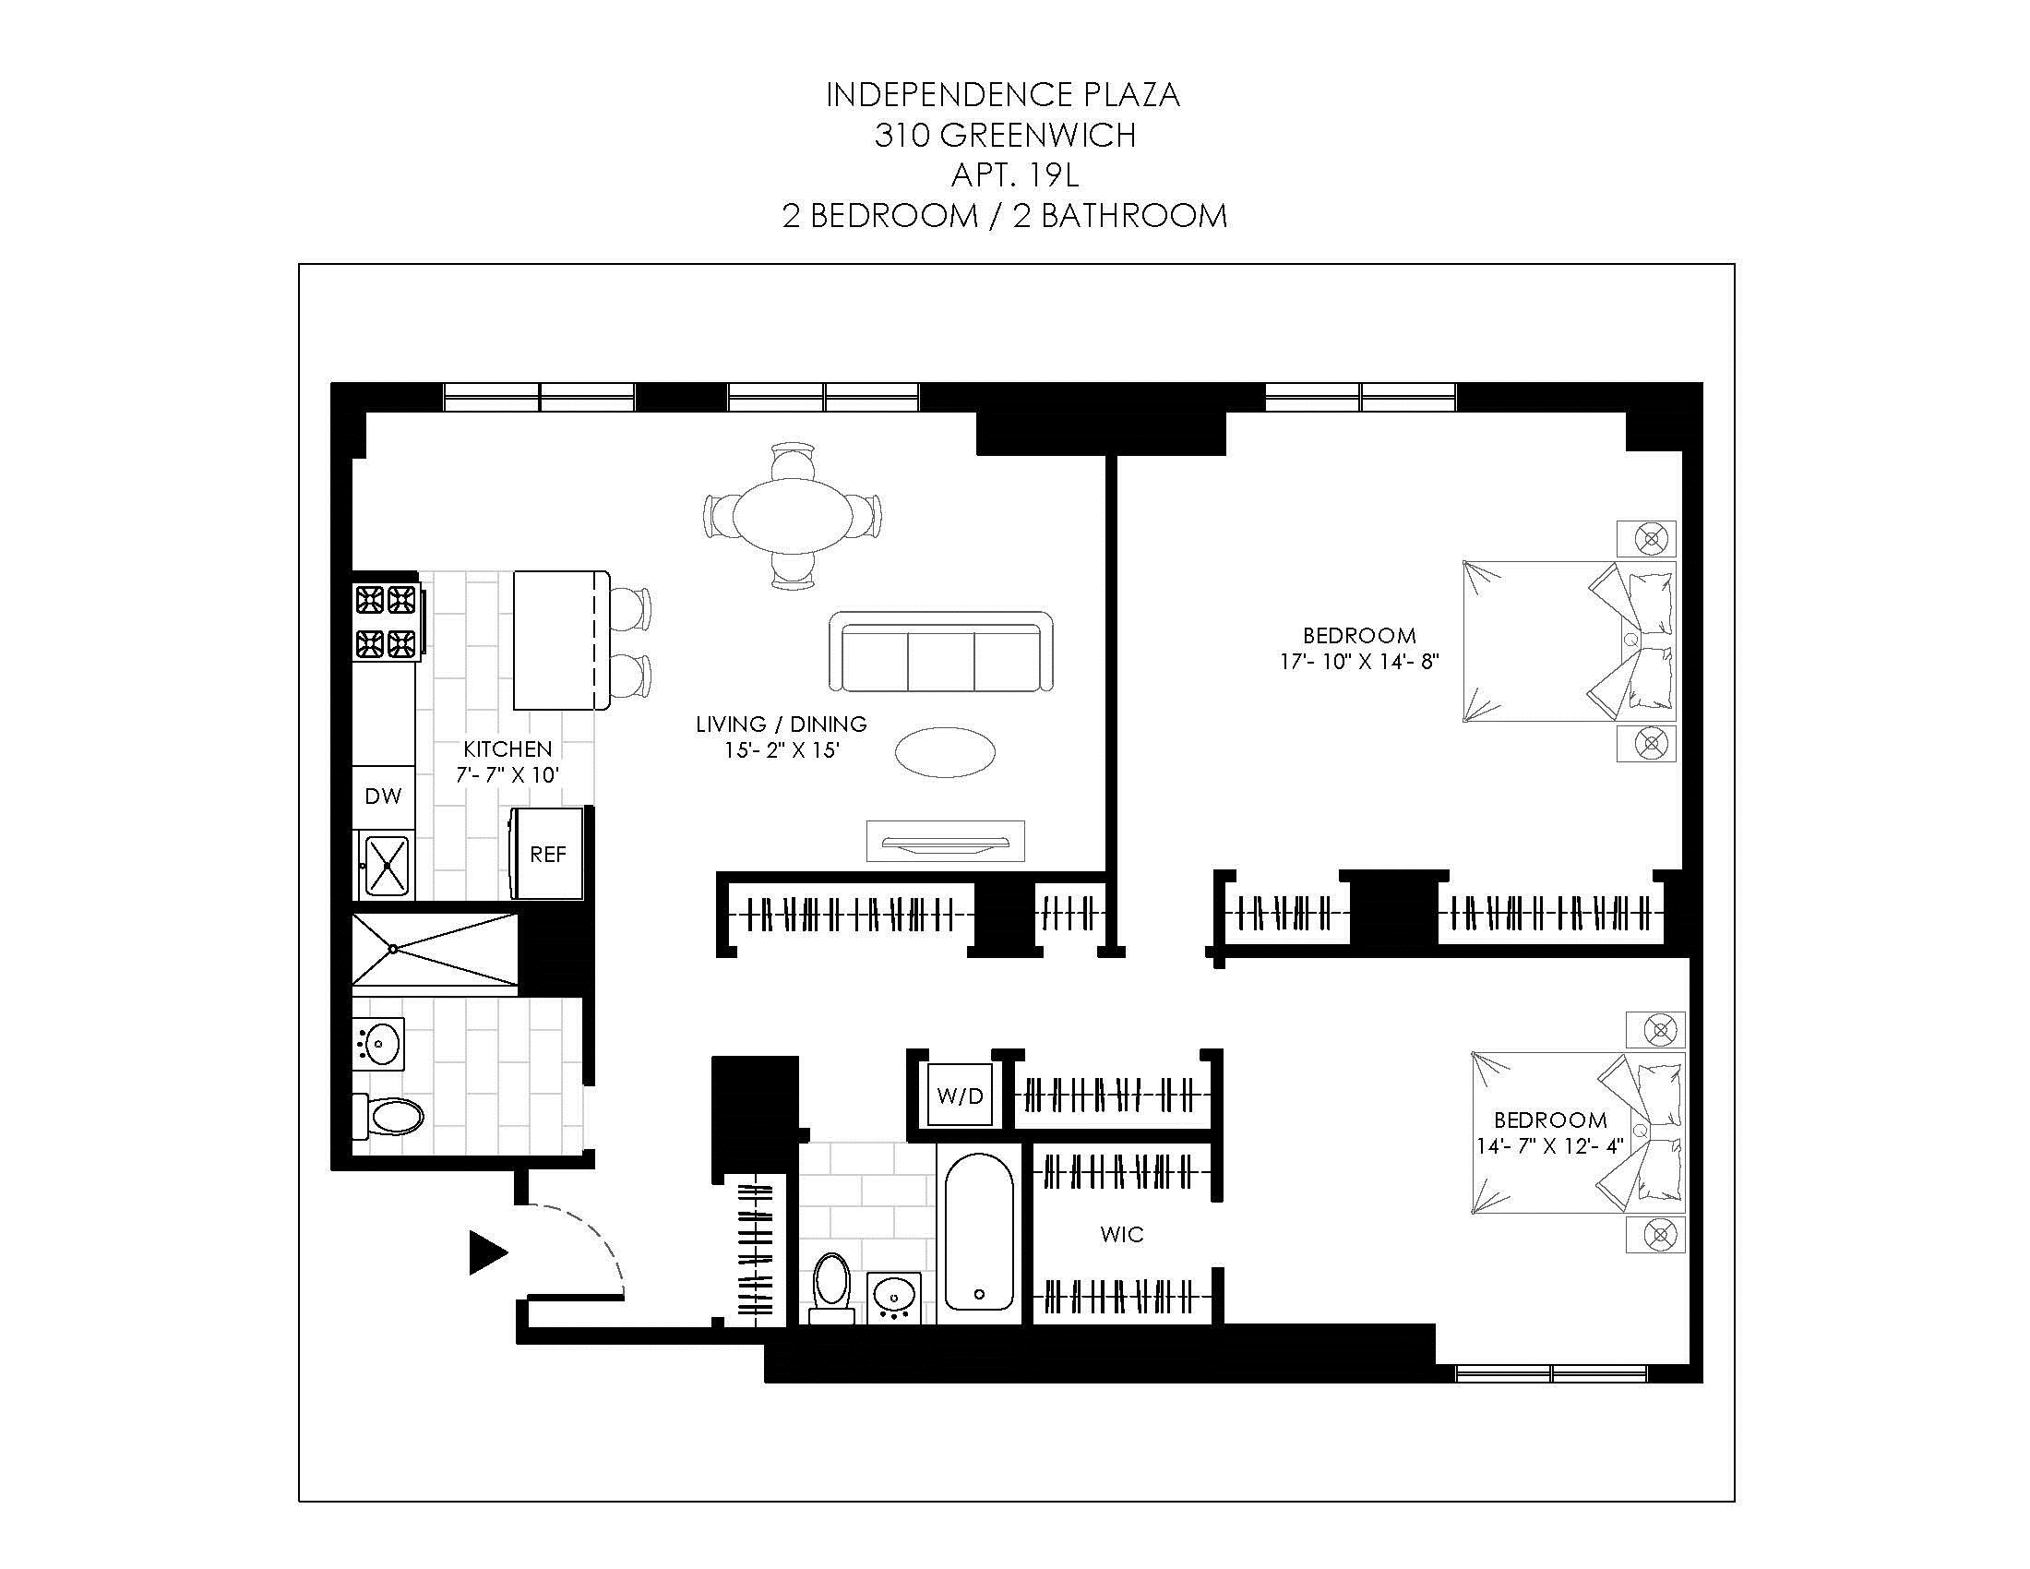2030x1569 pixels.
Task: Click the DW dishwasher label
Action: (383, 796)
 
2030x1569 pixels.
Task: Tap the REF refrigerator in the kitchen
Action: (547, 855)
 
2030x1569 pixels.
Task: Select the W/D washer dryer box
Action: (960, 1095)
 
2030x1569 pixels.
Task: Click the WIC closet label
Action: (1121, 1234)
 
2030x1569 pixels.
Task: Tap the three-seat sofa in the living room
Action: (940, 653)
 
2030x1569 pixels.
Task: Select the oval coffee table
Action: (944, 751)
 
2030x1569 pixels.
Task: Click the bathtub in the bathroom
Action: (979, 1231)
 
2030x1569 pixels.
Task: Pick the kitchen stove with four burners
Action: (386, 621)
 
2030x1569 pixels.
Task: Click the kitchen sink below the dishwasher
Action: (387, 866)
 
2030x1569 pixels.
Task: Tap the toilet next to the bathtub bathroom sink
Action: (831, 1288)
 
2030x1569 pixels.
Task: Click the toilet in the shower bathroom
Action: (390, 1117)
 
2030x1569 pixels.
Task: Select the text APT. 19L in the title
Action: (1014, 174)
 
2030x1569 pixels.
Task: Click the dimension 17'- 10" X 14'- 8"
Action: (1359, 662)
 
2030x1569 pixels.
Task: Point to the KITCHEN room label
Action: (507, 749)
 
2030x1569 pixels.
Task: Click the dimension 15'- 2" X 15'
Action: (782, 749)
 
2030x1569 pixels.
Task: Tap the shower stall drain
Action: (393, 949)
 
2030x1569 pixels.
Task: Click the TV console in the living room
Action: (945, 841)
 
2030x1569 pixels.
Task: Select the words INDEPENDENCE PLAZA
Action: (1003, 95)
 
